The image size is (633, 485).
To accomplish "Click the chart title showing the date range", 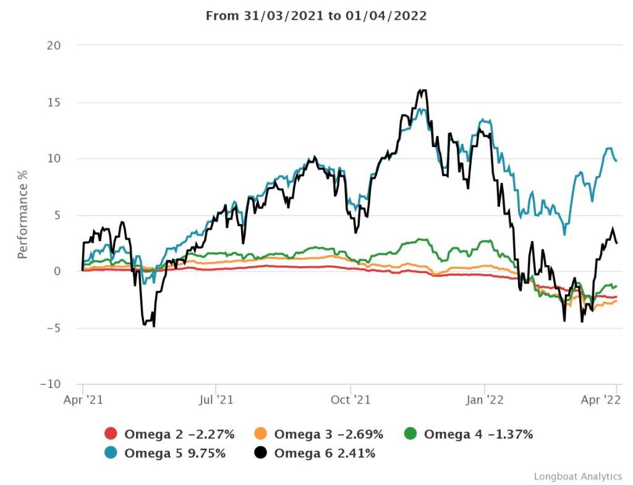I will [316, 16].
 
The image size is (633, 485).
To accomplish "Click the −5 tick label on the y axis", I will [52, 328].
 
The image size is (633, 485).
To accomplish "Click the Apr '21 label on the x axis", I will [83, 400].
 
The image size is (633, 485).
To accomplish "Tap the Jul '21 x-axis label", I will [216, 400].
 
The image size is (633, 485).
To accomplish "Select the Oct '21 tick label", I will [350, 400].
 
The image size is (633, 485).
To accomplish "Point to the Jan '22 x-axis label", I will [485, 400].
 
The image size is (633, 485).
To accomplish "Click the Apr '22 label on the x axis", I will [601, 400].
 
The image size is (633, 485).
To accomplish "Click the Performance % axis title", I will [23, 215].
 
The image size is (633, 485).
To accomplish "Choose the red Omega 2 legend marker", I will [111, 434].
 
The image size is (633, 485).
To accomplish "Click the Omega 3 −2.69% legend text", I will [328, 434].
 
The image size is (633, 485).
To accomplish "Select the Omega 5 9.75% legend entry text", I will [175, 453].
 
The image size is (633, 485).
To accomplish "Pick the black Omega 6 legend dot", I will [261, 453].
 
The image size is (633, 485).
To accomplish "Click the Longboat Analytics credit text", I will [577, 476].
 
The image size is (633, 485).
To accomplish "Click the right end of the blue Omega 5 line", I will [616, 161].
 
